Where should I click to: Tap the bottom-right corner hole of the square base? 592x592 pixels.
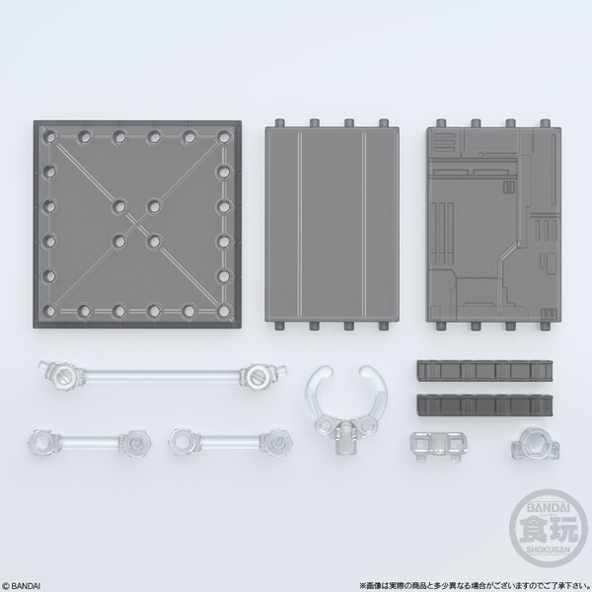(x=224, y=310)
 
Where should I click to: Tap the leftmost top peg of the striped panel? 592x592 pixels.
(x=283, y=123)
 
